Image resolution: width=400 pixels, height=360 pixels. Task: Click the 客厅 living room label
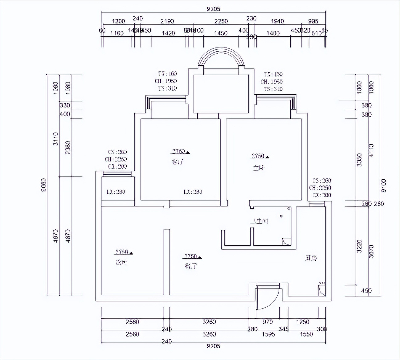tap(177, 162)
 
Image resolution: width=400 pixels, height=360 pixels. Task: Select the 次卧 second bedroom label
tap(121, 263)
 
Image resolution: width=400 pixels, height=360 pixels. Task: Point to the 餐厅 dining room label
tap(191, 266)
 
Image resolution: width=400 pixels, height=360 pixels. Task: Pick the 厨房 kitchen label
tap(311, 258)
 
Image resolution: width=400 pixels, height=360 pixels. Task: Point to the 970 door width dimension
tap(267, 322)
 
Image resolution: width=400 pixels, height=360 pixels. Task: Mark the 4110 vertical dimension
tap(371, 150)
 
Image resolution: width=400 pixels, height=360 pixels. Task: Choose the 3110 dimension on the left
tap(55, 139)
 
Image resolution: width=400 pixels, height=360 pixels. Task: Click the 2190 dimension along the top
tap(167, 21)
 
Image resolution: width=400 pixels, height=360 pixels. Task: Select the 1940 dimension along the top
tap(277, 21)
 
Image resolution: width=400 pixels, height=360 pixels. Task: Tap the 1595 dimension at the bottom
tap(268, 334)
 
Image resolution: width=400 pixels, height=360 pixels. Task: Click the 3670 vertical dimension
tap(371, 251)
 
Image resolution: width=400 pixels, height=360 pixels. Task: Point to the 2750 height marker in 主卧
tap(258, 156)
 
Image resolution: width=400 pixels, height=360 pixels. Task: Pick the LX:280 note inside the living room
tap(193, 192)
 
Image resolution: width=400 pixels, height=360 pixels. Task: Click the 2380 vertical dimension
tap(68, 147)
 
